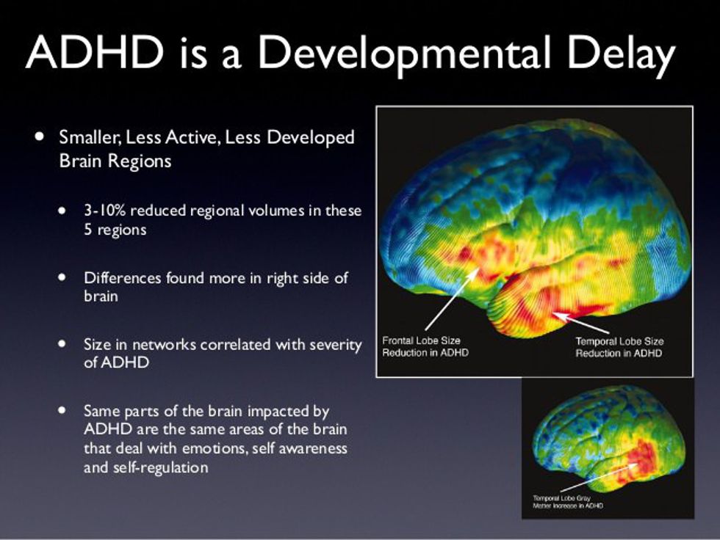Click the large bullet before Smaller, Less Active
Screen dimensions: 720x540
click(x=40, y=136)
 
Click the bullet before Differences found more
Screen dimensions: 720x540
click(x=62, y=277)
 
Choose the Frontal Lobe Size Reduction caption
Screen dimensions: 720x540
click(x=425, y=346)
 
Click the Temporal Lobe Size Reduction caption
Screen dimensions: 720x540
click(x=619, y=347)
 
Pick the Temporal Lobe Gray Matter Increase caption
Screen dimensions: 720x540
click(x=567, y=502)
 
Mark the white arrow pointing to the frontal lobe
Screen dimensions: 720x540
click(x=453, y=299)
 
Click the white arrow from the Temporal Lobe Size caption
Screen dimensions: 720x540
click(x=581, y=323)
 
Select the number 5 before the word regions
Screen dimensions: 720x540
click(x=88, y=229)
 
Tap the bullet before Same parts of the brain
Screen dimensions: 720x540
click(x=62, y=410)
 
